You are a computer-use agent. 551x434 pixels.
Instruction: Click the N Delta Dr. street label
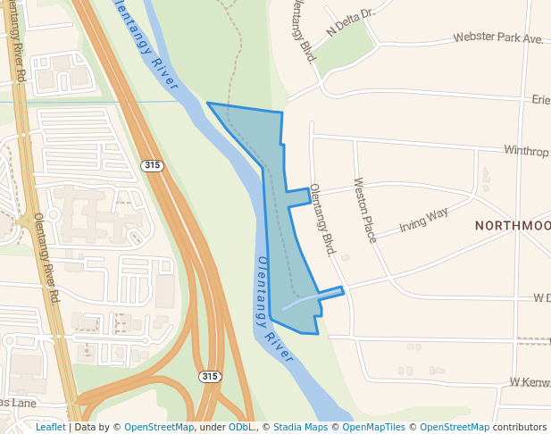pos(349,21)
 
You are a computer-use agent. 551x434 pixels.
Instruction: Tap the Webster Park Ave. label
pos(498,38)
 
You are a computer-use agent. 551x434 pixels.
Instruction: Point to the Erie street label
pos(540,99)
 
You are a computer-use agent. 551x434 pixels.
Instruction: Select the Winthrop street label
pos(526,151)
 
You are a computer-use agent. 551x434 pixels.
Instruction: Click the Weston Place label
pos(365,210)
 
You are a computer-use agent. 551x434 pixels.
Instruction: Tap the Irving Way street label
pos(423,220)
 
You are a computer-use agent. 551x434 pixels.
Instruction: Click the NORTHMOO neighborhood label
pos(512,226)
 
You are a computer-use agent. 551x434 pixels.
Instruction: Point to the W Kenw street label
pos(529,382)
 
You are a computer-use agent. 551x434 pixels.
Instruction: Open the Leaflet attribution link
pos(50,427)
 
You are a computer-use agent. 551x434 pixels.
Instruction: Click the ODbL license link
pos(240,427)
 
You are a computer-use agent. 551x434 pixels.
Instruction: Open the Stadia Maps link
pos(299,427)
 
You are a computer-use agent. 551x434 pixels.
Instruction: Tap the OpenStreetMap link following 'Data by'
pos(159,427)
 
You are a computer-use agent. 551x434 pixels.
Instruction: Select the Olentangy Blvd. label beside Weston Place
pos(321,220)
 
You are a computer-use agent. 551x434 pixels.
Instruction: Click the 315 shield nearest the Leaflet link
pos(209,377)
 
